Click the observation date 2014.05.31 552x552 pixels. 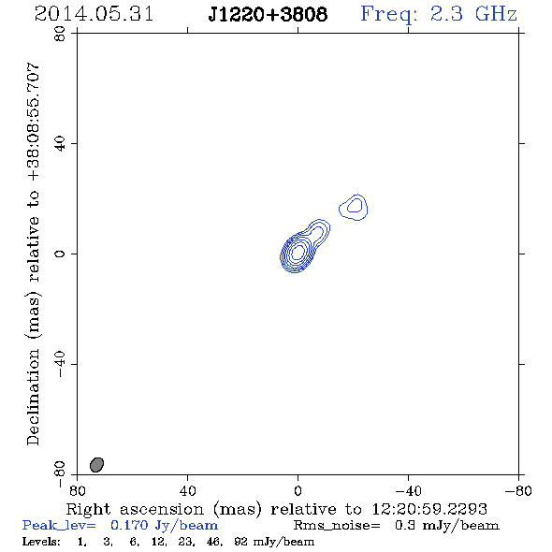(94, 14)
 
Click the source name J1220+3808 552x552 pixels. (268, 15)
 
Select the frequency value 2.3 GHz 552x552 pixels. (473, 14)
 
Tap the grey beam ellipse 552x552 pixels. (96, 465)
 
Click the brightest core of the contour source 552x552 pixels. (298, 252)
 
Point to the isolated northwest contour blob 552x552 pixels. (354, 207)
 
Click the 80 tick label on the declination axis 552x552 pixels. (60, 34)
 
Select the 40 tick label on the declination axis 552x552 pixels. (60, 144)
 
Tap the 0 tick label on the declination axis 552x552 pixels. (60, 254)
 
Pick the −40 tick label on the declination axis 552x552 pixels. (60, 364)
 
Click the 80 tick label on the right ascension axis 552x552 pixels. (77, 491)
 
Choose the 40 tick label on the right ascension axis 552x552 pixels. (187, 491)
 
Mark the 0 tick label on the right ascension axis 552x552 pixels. (298, 491)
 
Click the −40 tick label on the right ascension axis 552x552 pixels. (408, 491)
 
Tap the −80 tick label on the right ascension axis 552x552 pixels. (518, 491)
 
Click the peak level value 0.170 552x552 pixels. (129, 525)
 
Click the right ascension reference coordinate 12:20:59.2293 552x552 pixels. (429, 509)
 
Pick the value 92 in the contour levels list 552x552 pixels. (241, 542)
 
